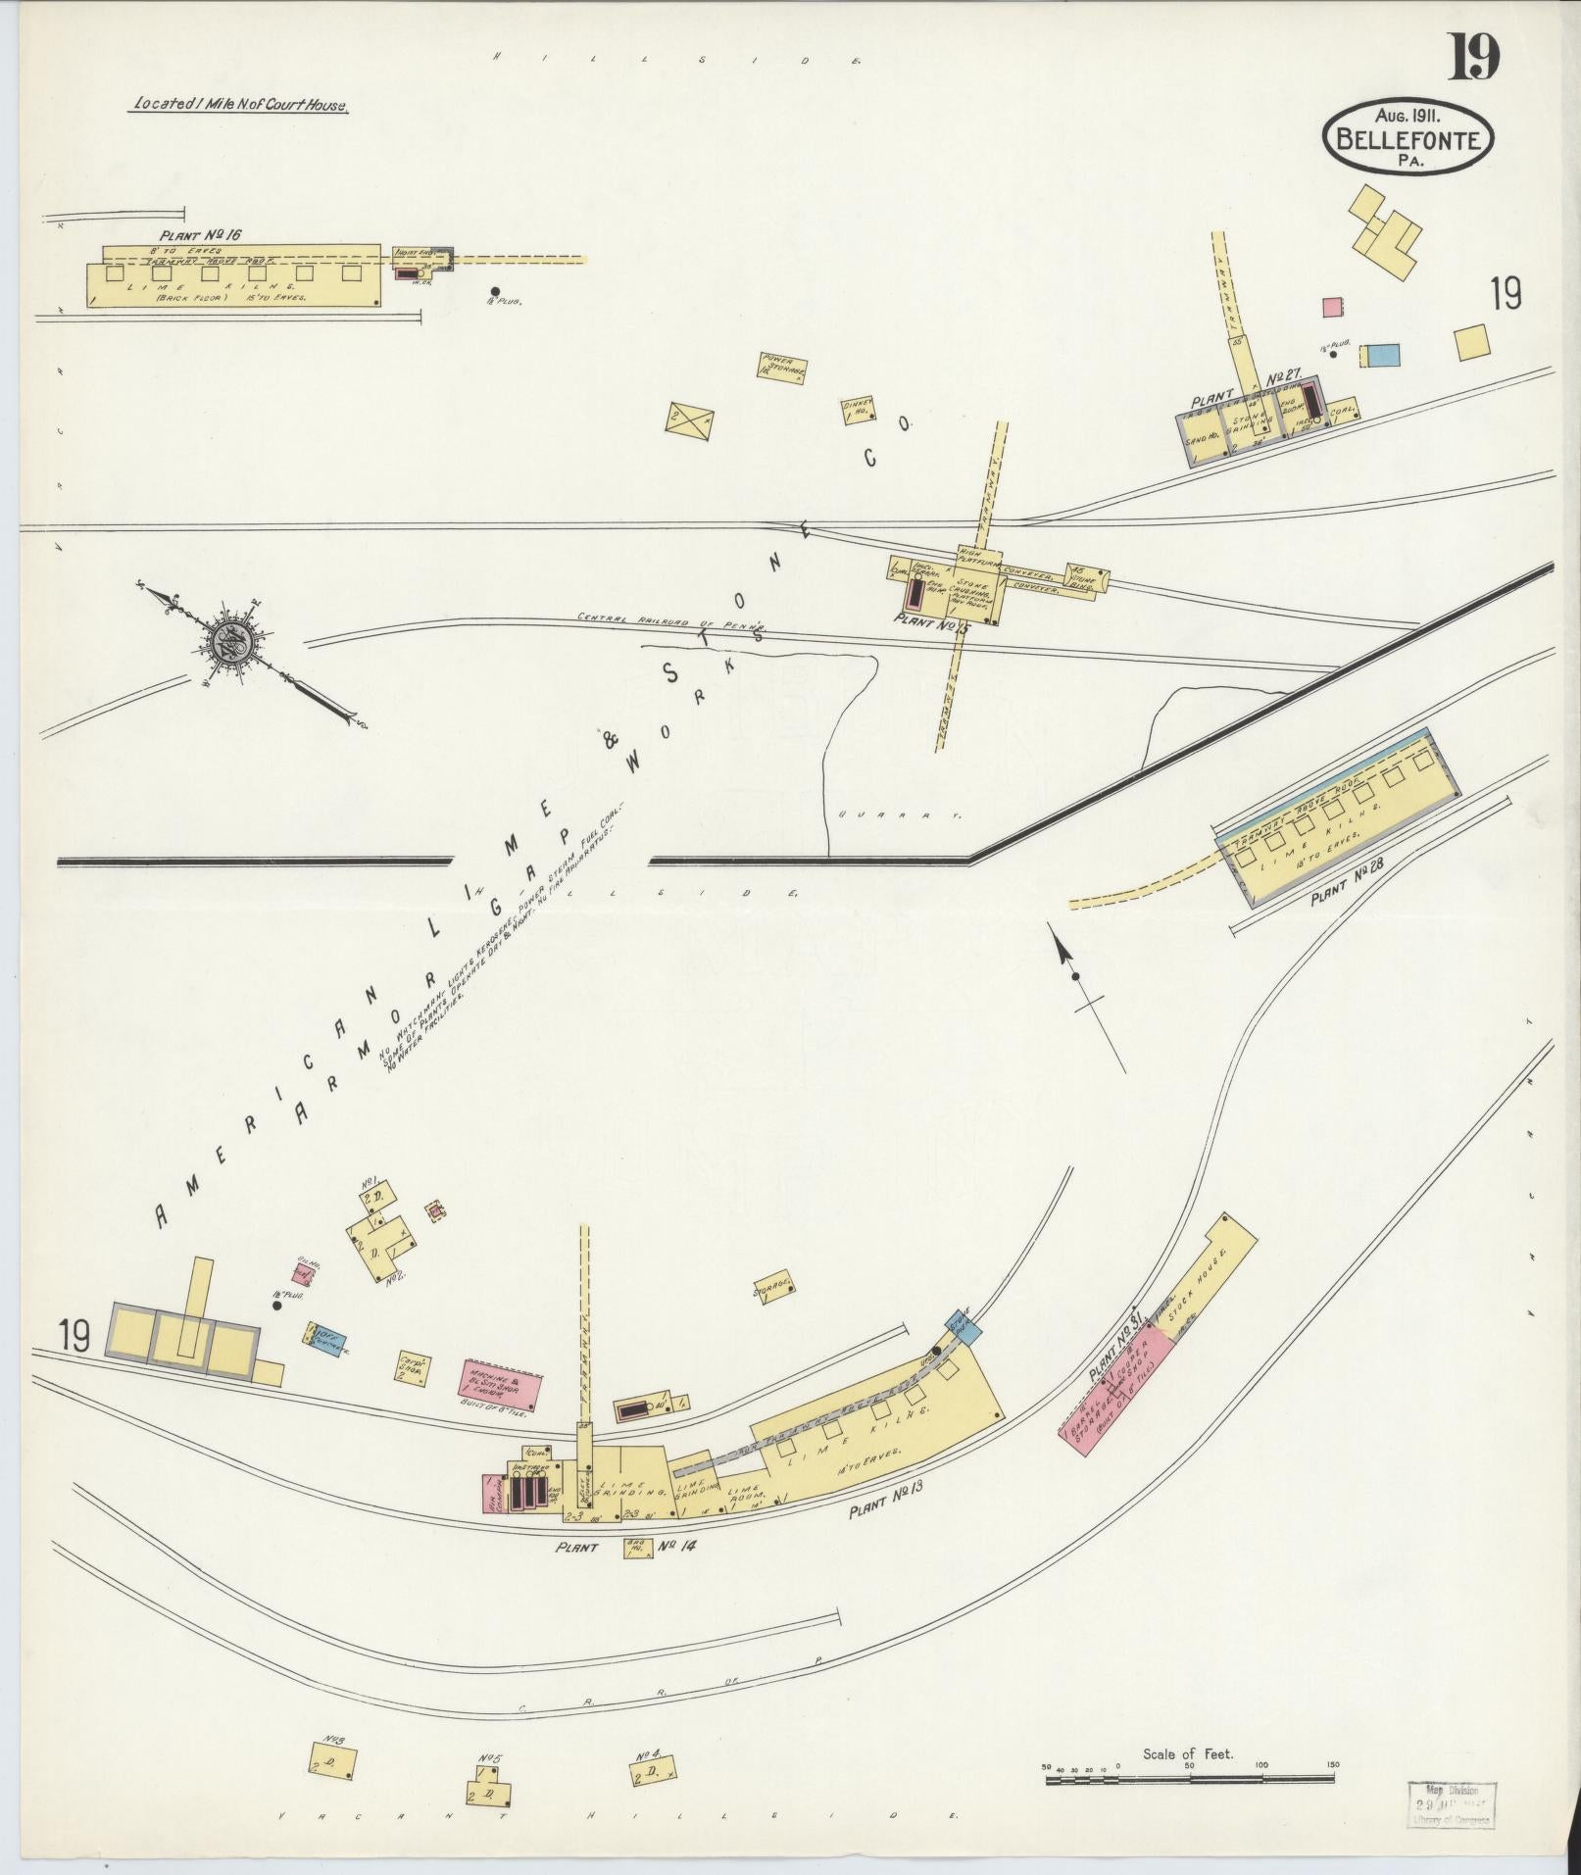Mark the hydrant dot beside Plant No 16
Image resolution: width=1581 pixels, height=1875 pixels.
point(495,291)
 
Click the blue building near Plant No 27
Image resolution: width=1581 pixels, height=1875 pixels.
point(1381,357)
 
